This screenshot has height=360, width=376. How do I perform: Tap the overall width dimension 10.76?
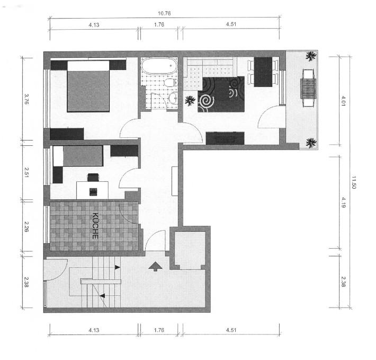(x=164, y=13)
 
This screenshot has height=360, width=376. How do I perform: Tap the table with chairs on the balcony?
(x=308, y=87)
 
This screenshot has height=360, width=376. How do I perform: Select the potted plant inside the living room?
(x=189, y=100)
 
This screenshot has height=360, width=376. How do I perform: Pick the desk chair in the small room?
(x=93, y=178)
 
